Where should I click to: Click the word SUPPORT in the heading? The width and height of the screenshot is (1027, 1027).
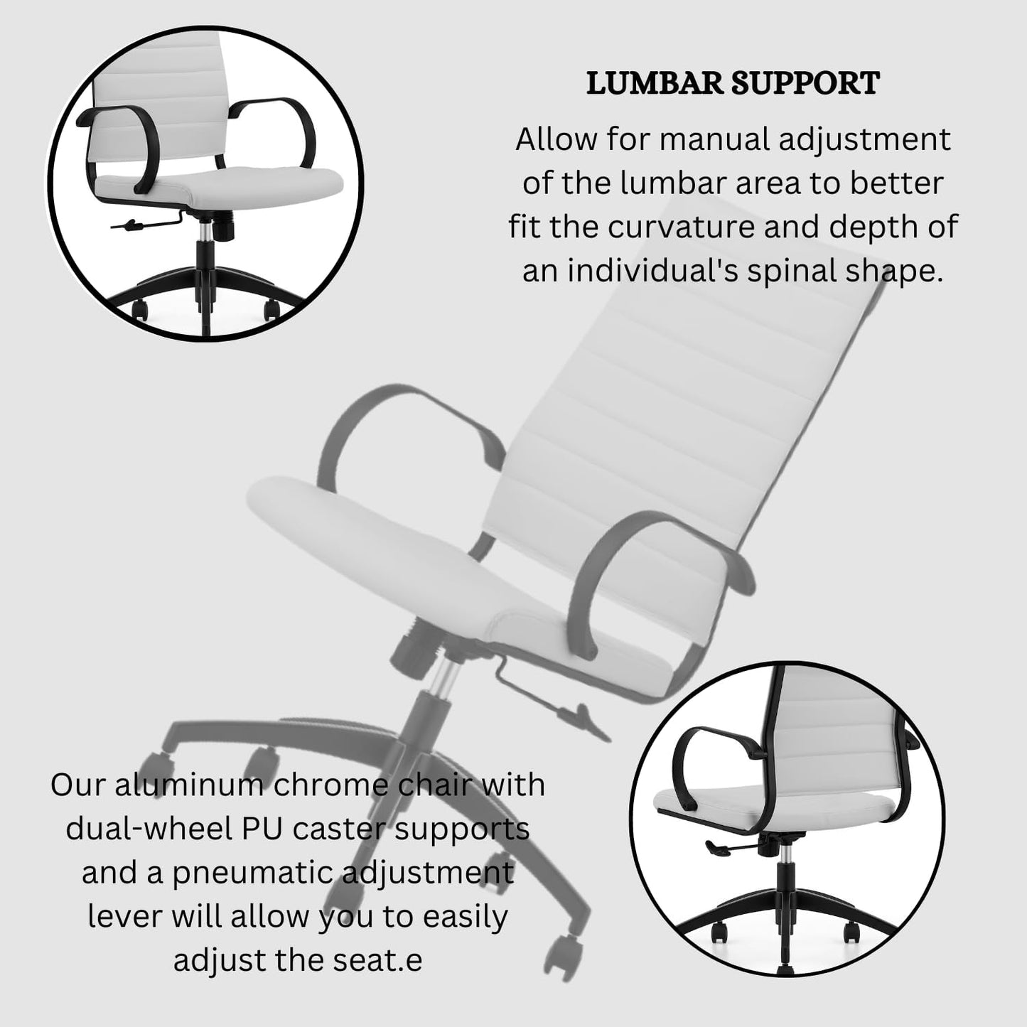click(x=806, y=84)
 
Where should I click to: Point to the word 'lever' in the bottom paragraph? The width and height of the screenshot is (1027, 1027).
click(x=124, y=917)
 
